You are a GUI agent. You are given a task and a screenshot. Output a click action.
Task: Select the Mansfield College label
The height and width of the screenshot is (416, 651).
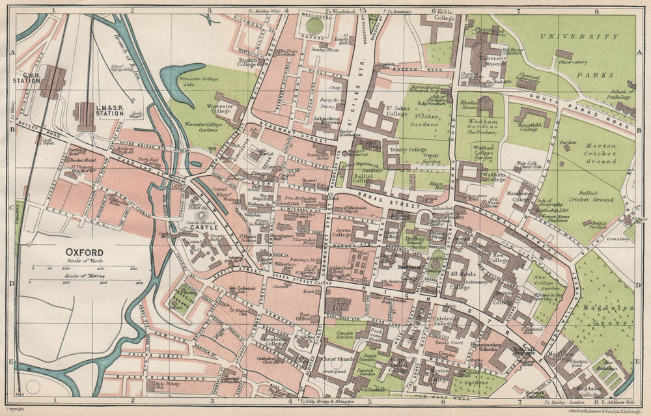pyautogui.click(x=528, y=124)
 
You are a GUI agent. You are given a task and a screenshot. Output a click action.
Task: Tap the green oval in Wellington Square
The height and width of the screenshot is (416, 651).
pyautogui.click(x=314, y=26)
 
